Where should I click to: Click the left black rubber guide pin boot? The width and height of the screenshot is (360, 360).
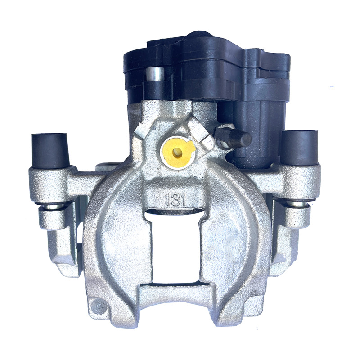pos(50,151)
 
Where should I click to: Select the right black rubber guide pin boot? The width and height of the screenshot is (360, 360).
pos(299,148)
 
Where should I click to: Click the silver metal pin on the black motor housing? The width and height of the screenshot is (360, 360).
pos(155,73)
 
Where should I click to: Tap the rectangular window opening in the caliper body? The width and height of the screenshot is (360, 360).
pos(175,248)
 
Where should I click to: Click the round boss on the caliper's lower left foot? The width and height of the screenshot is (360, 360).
pos(99,306)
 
